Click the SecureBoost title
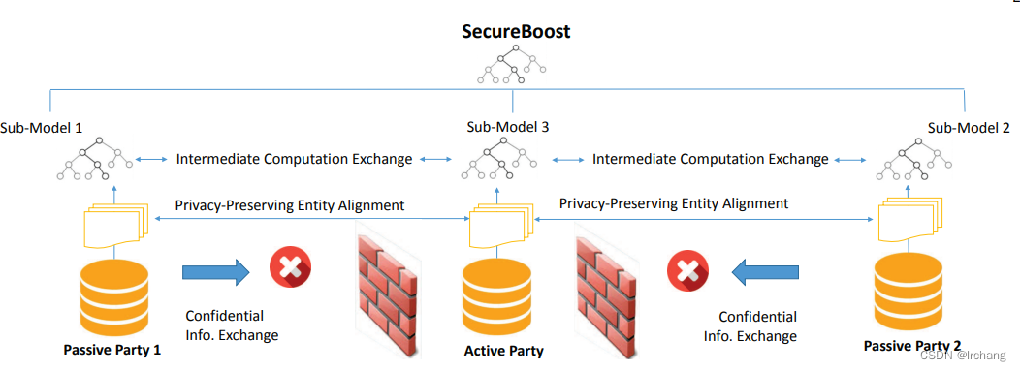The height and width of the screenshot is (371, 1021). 515,32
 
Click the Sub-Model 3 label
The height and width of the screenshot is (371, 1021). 508,127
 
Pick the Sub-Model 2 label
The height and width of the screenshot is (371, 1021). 969,127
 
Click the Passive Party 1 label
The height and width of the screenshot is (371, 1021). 112,350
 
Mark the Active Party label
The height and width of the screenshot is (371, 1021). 503,351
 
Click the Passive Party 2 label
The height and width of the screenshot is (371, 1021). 912,346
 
